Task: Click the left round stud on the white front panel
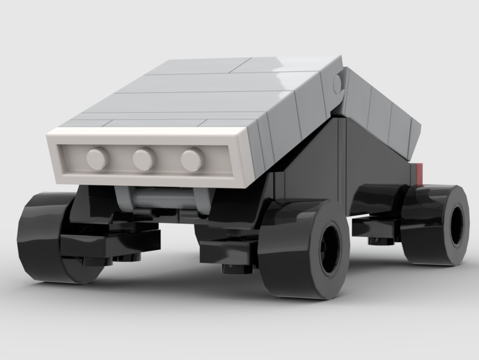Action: coord(98,158)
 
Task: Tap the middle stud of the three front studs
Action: coord(144,159)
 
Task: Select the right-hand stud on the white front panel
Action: coord(193,160)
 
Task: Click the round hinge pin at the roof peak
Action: coord(338,84)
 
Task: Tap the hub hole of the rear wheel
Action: coord(457,224)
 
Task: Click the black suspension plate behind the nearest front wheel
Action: coord(228,250)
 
